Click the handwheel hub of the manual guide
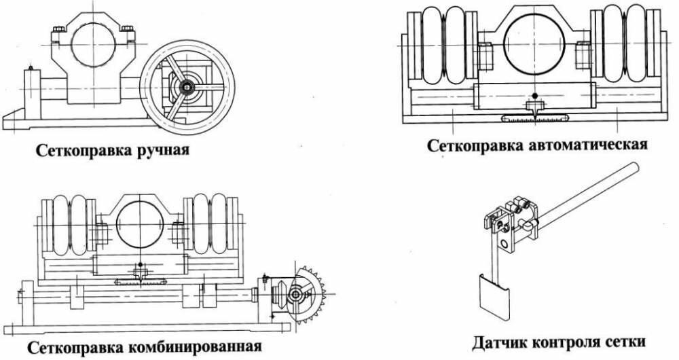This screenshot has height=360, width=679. (185, 87)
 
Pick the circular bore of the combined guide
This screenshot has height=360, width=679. (139, 225)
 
